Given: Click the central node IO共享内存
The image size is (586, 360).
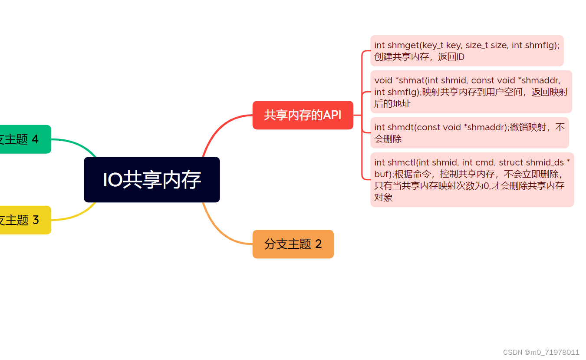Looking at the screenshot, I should point(151,180).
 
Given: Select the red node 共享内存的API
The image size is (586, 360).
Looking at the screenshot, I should point(303,115).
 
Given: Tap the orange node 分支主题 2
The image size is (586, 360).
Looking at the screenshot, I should point(293,244).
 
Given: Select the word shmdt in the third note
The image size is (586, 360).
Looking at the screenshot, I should point(401,127).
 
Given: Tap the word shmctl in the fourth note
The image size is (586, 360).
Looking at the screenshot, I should point(402,162).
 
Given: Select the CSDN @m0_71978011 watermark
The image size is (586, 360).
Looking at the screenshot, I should point(541,352).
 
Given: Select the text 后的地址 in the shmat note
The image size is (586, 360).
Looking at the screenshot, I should point(392,104).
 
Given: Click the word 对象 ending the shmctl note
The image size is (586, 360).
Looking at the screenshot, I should point(383,198).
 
